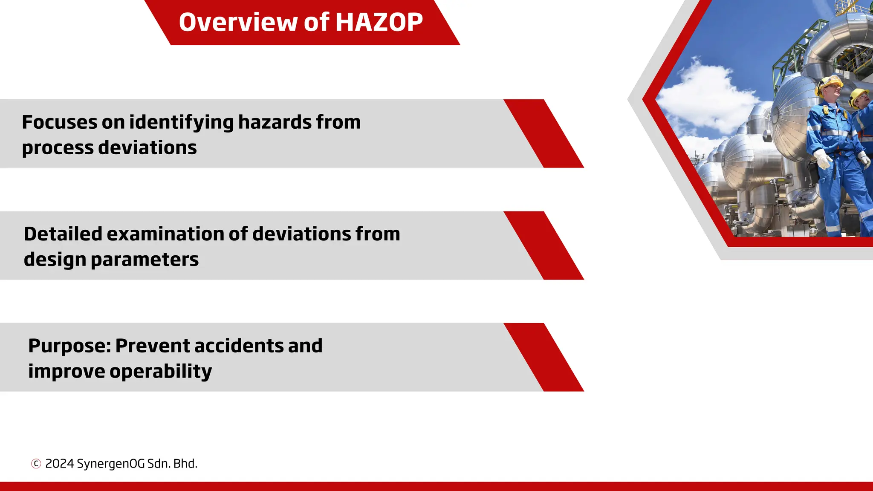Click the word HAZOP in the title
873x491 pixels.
[x=379, y=22]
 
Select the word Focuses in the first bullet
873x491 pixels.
[x=59, y=122]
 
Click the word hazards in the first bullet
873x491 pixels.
[x=275, y=122]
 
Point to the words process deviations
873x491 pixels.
[x=109, y=148]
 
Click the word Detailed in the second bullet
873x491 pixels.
[x=63, y=234]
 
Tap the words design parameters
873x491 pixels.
[x=111, y=260]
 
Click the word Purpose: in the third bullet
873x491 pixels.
[x=69, y=346]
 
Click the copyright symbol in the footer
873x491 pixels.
[x=36, y=464]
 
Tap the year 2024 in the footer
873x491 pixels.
[x=60, y=464]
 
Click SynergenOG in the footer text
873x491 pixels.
[x=110, y=464]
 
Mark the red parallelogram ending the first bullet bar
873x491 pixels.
[x=543, y=133]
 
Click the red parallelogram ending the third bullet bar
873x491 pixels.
[x=543, y=357]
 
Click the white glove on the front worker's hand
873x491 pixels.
[x=822, y=159]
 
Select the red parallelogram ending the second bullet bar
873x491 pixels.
[x=543, y=245]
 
